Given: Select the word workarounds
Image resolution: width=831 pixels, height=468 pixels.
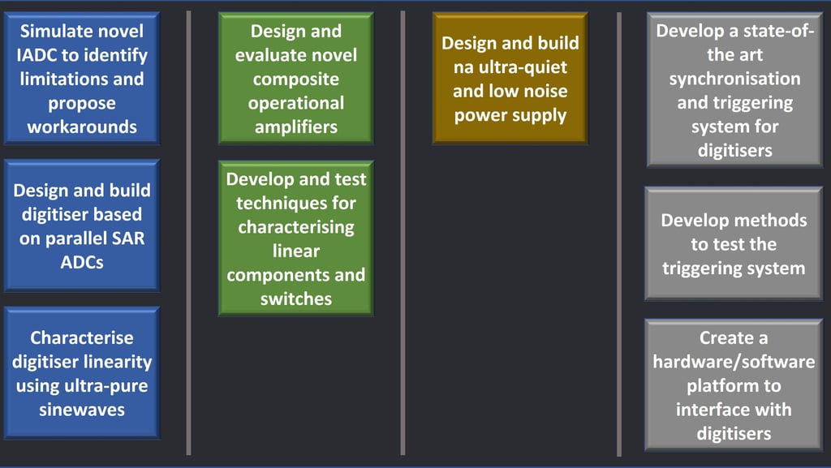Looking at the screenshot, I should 82,127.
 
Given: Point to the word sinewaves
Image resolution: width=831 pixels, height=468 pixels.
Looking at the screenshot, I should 82,410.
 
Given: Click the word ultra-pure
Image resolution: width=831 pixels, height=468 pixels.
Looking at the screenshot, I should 105,385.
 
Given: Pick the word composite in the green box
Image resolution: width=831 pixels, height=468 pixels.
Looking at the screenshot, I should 295,79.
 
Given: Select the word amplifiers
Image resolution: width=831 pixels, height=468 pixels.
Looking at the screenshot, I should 295,127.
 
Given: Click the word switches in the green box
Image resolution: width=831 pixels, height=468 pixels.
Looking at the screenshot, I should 295,298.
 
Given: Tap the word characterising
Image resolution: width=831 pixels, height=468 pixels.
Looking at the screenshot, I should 295,226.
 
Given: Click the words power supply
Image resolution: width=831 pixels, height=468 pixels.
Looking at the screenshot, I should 510,115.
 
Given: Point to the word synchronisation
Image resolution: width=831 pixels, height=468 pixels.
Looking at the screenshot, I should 734,79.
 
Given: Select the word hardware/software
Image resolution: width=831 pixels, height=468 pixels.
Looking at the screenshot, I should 734,362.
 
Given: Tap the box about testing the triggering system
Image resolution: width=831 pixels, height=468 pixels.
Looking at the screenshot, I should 734,243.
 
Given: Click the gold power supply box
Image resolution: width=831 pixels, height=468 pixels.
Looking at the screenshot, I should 510,78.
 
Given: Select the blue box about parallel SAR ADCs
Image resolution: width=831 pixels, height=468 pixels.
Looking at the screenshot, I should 82,225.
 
